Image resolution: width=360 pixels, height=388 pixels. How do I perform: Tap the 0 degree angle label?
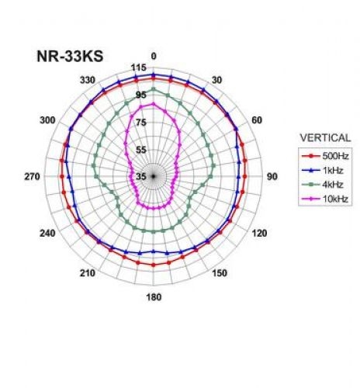(x=154, y=56)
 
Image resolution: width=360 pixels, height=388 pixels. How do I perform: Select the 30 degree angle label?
(x=216, y=80)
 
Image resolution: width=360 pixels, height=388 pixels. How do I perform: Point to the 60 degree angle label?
(x=257, y=120)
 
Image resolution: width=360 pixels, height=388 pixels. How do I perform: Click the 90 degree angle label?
(x=272, y=177)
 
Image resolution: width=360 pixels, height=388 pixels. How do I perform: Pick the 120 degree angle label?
(x=258, y=234)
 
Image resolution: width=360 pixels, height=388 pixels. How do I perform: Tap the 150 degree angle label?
(x=220, y=273)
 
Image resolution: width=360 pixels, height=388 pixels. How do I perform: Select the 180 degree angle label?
(x=154, y=298)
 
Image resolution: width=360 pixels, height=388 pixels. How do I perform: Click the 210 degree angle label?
(x=87, y=274)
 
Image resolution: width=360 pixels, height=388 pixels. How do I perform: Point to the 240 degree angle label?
(x=48, y=234)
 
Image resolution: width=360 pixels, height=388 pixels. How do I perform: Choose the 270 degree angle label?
(x=32, y=177)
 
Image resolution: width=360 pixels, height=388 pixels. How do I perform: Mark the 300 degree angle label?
(x=48, y=120)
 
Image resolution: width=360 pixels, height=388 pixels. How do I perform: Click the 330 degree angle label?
(x=87, y=80)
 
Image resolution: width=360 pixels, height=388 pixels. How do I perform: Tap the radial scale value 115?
(x=139, y=68)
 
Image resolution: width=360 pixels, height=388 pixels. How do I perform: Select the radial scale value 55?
(x=141, y=150)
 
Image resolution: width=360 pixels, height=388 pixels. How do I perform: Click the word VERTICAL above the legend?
(x=325, y=138)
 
